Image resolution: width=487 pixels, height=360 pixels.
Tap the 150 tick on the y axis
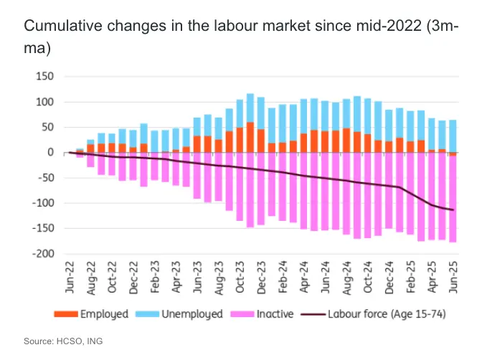[x=45, y=77]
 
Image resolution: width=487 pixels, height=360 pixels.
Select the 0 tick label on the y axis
[x=50, y=152]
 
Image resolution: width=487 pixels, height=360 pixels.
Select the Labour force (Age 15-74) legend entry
[x=388, y=314]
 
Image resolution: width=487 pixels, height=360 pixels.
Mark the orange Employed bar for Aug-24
[x=346, y=141]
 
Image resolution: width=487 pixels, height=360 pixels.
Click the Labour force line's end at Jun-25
[x=453, y=209]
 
